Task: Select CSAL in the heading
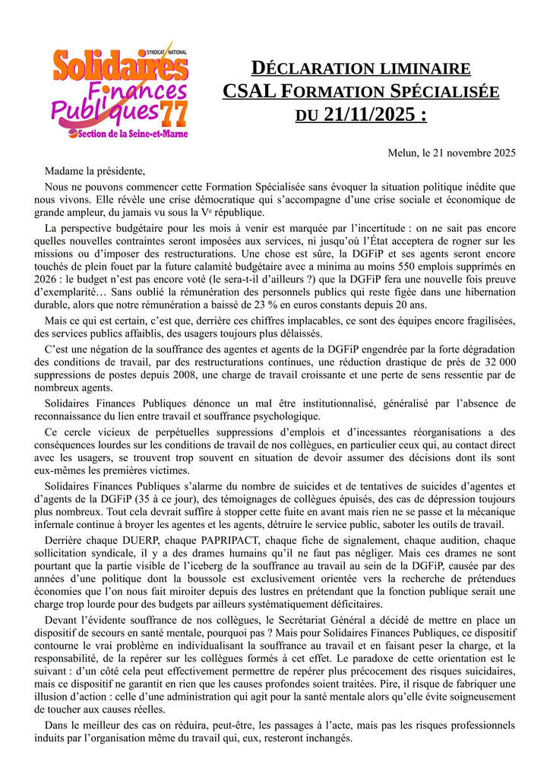(249, 92)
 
